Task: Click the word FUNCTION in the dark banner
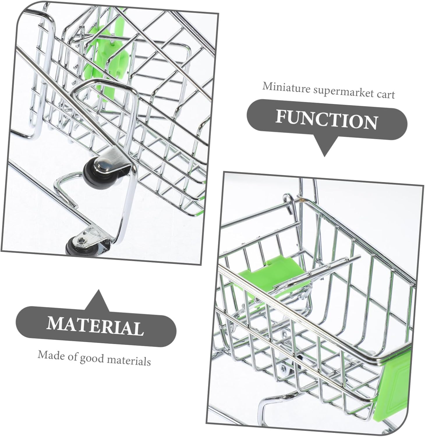click(x=327, y=120)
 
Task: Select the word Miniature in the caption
click(x=286, y=88)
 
